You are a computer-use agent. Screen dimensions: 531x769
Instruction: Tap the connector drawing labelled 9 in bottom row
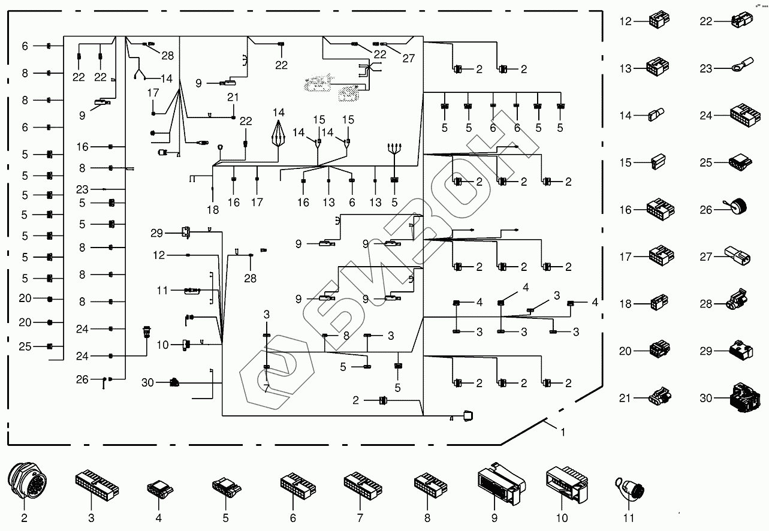coord(500,484)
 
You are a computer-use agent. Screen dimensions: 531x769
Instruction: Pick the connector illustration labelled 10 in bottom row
coord(566,483)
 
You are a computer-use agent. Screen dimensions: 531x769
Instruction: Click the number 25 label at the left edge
coord(25,347)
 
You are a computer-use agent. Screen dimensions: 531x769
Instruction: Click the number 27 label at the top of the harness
coord(408,58)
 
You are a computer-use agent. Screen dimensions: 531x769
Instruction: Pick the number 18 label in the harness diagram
coord(213,210)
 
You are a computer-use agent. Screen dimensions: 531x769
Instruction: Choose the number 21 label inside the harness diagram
coord(233,97)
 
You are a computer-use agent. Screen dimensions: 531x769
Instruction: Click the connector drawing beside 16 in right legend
coord(661,209)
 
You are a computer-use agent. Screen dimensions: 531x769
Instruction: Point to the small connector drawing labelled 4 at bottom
coord(158,489)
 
